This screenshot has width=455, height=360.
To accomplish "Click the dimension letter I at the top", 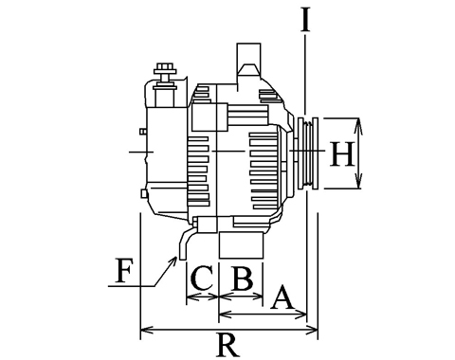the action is [x=305, y=21].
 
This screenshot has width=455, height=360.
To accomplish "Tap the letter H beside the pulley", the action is [x=341, y=153].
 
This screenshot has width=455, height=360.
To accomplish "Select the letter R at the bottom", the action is [x=227, y=345].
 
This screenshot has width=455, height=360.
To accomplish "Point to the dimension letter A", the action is [x=282, y=297].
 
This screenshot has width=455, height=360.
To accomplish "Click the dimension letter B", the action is [x=242, y=279].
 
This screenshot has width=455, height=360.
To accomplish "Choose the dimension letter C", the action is [x=201, y=279].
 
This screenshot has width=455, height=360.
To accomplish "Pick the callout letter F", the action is [x=123, y=271].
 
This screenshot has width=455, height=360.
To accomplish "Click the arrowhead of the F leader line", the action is [x=174, y=261].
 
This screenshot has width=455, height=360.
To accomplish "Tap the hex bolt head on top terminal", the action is [x=164, y=68].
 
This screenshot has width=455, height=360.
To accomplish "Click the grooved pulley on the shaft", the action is [x=308, y=153].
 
